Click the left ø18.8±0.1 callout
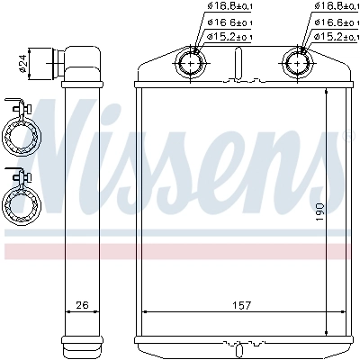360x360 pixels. [x=229, y=7]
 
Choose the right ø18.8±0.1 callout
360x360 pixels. [x=336, y=7]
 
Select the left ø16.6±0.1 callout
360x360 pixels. [x=229, y=22]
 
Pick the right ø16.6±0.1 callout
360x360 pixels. [x=336, y=22]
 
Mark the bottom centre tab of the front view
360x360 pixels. [x=241, y=344]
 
